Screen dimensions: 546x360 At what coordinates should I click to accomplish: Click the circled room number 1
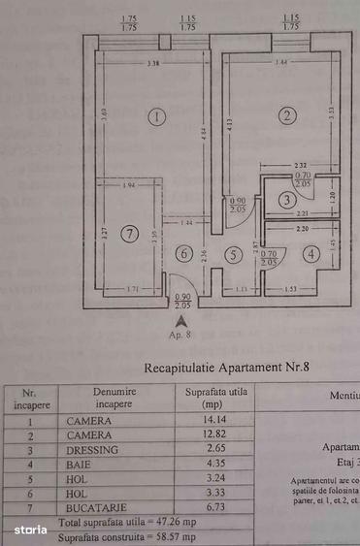tap(158, 117)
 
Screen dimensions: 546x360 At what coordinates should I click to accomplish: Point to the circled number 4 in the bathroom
tap(310, 255)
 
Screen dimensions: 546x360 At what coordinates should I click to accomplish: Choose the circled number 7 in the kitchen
tap(129, 234)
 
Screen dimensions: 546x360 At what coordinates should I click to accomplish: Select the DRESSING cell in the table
tap(92, 450)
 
